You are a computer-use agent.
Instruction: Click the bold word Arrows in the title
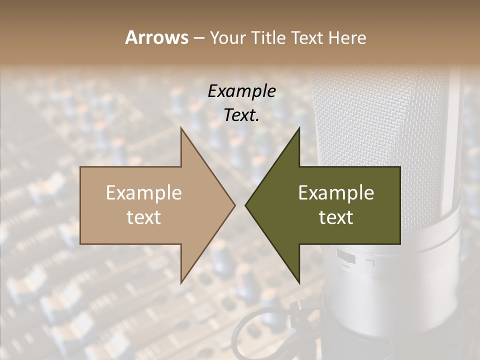(156, 37)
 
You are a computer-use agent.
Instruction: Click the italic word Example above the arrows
(242, 91)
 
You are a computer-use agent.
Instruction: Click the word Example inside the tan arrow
(143, 193)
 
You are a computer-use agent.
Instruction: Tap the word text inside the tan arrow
(143, 217)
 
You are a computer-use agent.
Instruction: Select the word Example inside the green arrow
(336, 193)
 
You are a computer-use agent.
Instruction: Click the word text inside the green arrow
(336, 217)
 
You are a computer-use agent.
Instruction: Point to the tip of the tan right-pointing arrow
(235, 205)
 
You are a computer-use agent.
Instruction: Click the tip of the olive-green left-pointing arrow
(245, 205)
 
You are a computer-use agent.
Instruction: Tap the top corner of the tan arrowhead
(181, 128)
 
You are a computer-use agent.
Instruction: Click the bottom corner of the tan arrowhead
(181, 282)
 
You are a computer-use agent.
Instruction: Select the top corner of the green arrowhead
(299, 128)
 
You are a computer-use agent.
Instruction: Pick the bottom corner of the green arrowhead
(299, 282)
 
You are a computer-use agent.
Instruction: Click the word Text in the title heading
(308, 37)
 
